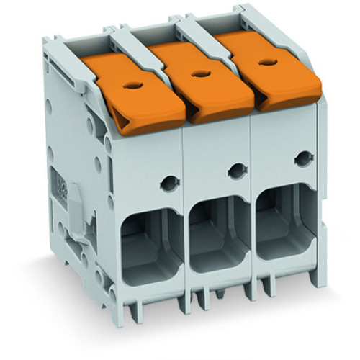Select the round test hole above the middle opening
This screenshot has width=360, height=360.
pos(235,171)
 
